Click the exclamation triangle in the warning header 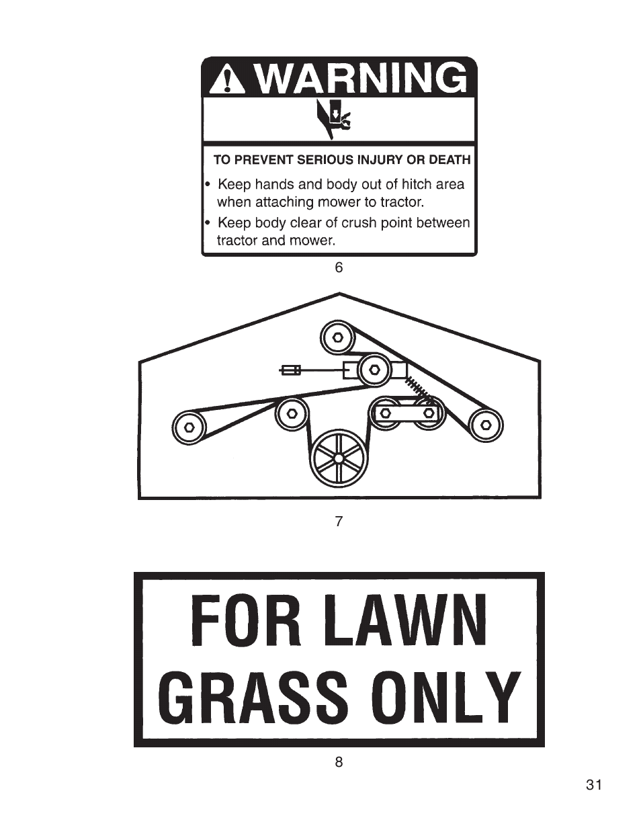(228, 79)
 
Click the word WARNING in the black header (361, 79)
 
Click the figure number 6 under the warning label (339, 267)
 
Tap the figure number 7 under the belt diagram (339, 522)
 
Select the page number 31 (594, 792)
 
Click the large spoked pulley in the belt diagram (339, 458)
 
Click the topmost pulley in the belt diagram (337, 337)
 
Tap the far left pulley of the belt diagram (189, 427)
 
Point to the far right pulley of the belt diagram (486, 425)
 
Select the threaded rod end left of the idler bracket (291, 370)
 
